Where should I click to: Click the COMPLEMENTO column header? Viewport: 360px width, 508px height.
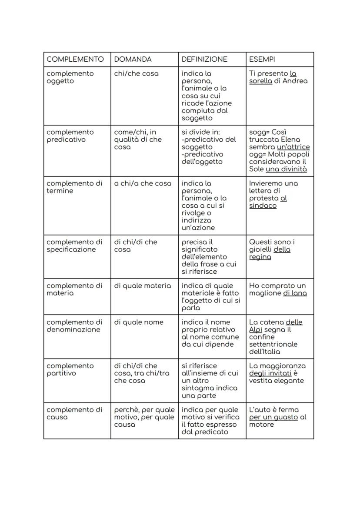point(75,59)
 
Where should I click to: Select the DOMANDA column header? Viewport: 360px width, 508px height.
point(133,59)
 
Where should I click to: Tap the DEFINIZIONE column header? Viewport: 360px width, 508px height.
point(204,59)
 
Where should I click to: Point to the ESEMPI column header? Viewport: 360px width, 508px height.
point(262,59)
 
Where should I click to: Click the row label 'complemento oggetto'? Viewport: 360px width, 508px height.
point(70,77)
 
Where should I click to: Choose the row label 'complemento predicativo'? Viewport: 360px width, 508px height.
point(70,136)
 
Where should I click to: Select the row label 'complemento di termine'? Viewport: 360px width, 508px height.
point(74,187)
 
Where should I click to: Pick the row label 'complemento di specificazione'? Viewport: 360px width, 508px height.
point(74,246)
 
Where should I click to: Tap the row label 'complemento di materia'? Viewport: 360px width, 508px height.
point(74,289)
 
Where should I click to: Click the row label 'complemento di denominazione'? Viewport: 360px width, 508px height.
point(74,326)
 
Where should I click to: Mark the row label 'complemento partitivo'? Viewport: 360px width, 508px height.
point(70,369)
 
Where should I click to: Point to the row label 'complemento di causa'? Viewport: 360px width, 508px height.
point(74,413)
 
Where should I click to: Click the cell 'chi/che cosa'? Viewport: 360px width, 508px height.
point(136,73)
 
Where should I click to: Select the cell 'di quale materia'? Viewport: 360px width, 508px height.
point(143,286)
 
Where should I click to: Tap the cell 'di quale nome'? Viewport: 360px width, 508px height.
point(139,322)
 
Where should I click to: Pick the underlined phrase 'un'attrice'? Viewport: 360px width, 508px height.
point(293,147)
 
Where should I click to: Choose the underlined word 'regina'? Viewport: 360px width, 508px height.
point(260,257)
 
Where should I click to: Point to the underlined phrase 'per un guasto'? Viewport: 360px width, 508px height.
point(273,417)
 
